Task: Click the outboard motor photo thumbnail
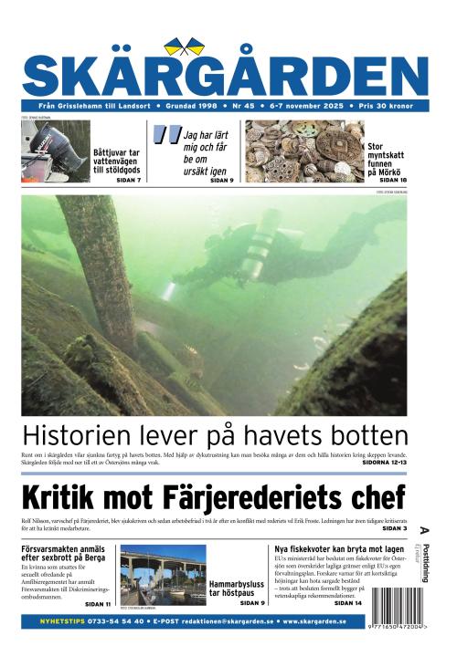click(53, 151)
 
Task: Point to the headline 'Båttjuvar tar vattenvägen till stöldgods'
click(116, 161)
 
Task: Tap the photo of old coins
click(303, 151)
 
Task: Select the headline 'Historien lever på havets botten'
click(214, 434)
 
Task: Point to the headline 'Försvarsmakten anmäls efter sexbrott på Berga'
click(63, 552)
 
